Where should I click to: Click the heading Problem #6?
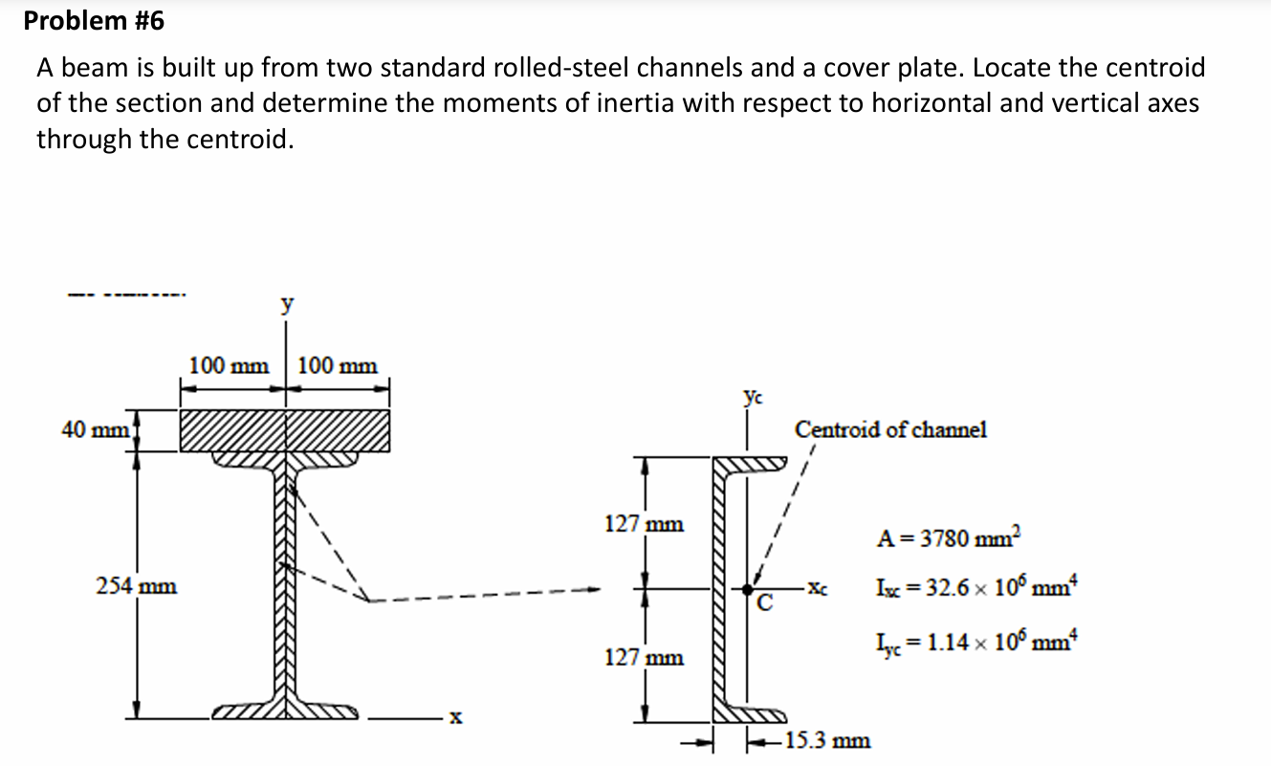[95, 21]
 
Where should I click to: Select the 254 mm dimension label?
[137, 585]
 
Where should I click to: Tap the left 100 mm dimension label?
[229, 365]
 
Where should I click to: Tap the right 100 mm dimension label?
[338, 365]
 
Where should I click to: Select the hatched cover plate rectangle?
[284, 430]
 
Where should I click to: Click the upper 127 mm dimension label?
[644, 524]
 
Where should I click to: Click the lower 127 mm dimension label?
[644, 658]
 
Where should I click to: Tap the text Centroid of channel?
[890, 429]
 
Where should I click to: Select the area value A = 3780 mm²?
[950, 537]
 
